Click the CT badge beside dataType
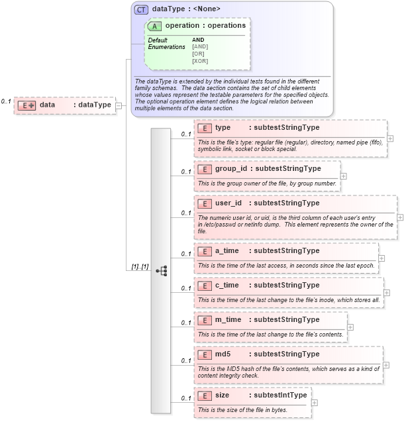point(142,9)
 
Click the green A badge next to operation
point(155,26)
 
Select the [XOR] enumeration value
point(200,61)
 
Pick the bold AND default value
point(198,40)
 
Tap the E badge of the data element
point(27,105)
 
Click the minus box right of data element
point(119,105)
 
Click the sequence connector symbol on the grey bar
point(161,270)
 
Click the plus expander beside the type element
point(390,138)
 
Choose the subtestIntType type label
point(281,395)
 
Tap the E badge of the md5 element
point(205,354)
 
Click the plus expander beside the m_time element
point(350,327)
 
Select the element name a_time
point(227,250)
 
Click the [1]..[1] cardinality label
point(140,266)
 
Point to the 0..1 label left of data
point(6,101)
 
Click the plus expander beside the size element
point(315,402)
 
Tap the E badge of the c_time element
point(205,285)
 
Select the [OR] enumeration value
point(198,54)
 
